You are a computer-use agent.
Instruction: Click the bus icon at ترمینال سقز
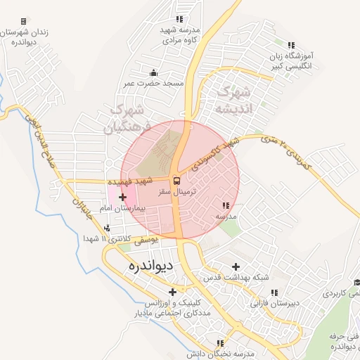tap(176, 180)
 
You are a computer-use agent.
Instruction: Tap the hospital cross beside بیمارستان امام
tap(123, 197)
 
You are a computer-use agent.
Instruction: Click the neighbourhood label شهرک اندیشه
tap(233, 100)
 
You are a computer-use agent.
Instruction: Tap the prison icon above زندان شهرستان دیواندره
tap(23, 22)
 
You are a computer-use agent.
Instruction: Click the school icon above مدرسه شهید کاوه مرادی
tap(181, 19)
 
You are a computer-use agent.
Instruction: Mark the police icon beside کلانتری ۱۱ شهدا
tap(107, 228)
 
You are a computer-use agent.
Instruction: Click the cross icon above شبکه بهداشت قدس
tap(236, 266)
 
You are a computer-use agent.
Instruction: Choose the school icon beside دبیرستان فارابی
tap(274, 292)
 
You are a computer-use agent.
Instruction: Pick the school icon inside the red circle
tap(225, 205)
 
